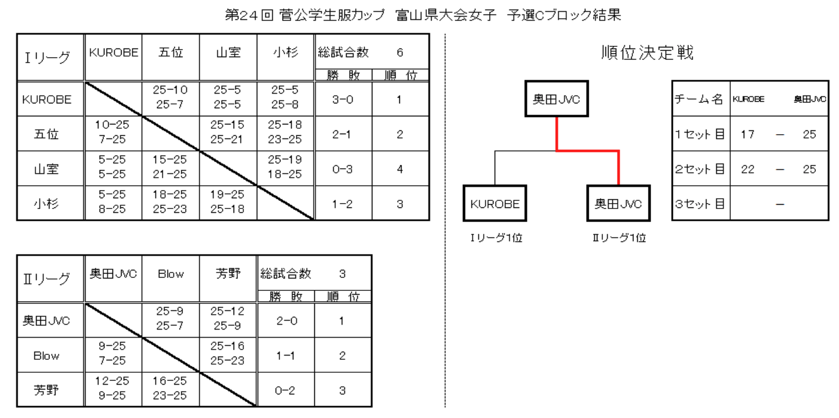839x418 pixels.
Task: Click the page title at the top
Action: point(424,16)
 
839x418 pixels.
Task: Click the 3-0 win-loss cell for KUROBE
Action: point(343,100)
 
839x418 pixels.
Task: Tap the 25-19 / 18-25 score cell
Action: point(285,169)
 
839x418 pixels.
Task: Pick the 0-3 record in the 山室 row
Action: point(343,169)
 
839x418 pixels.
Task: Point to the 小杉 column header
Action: point(285,52)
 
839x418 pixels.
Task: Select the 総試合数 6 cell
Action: point(371,52)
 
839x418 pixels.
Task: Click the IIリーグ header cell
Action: point(50,279)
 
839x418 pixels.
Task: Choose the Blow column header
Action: point(170,274)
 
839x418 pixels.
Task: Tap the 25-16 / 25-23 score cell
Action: point(228,355)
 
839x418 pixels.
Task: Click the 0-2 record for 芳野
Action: point(285,390)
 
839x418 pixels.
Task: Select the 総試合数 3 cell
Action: point(314,274)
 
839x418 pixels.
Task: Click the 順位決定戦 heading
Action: point(647,53)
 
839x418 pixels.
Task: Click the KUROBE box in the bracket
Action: point(495,204)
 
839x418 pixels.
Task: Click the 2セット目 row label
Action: point(700,169)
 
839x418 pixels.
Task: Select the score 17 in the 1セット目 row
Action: point(747,134)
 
